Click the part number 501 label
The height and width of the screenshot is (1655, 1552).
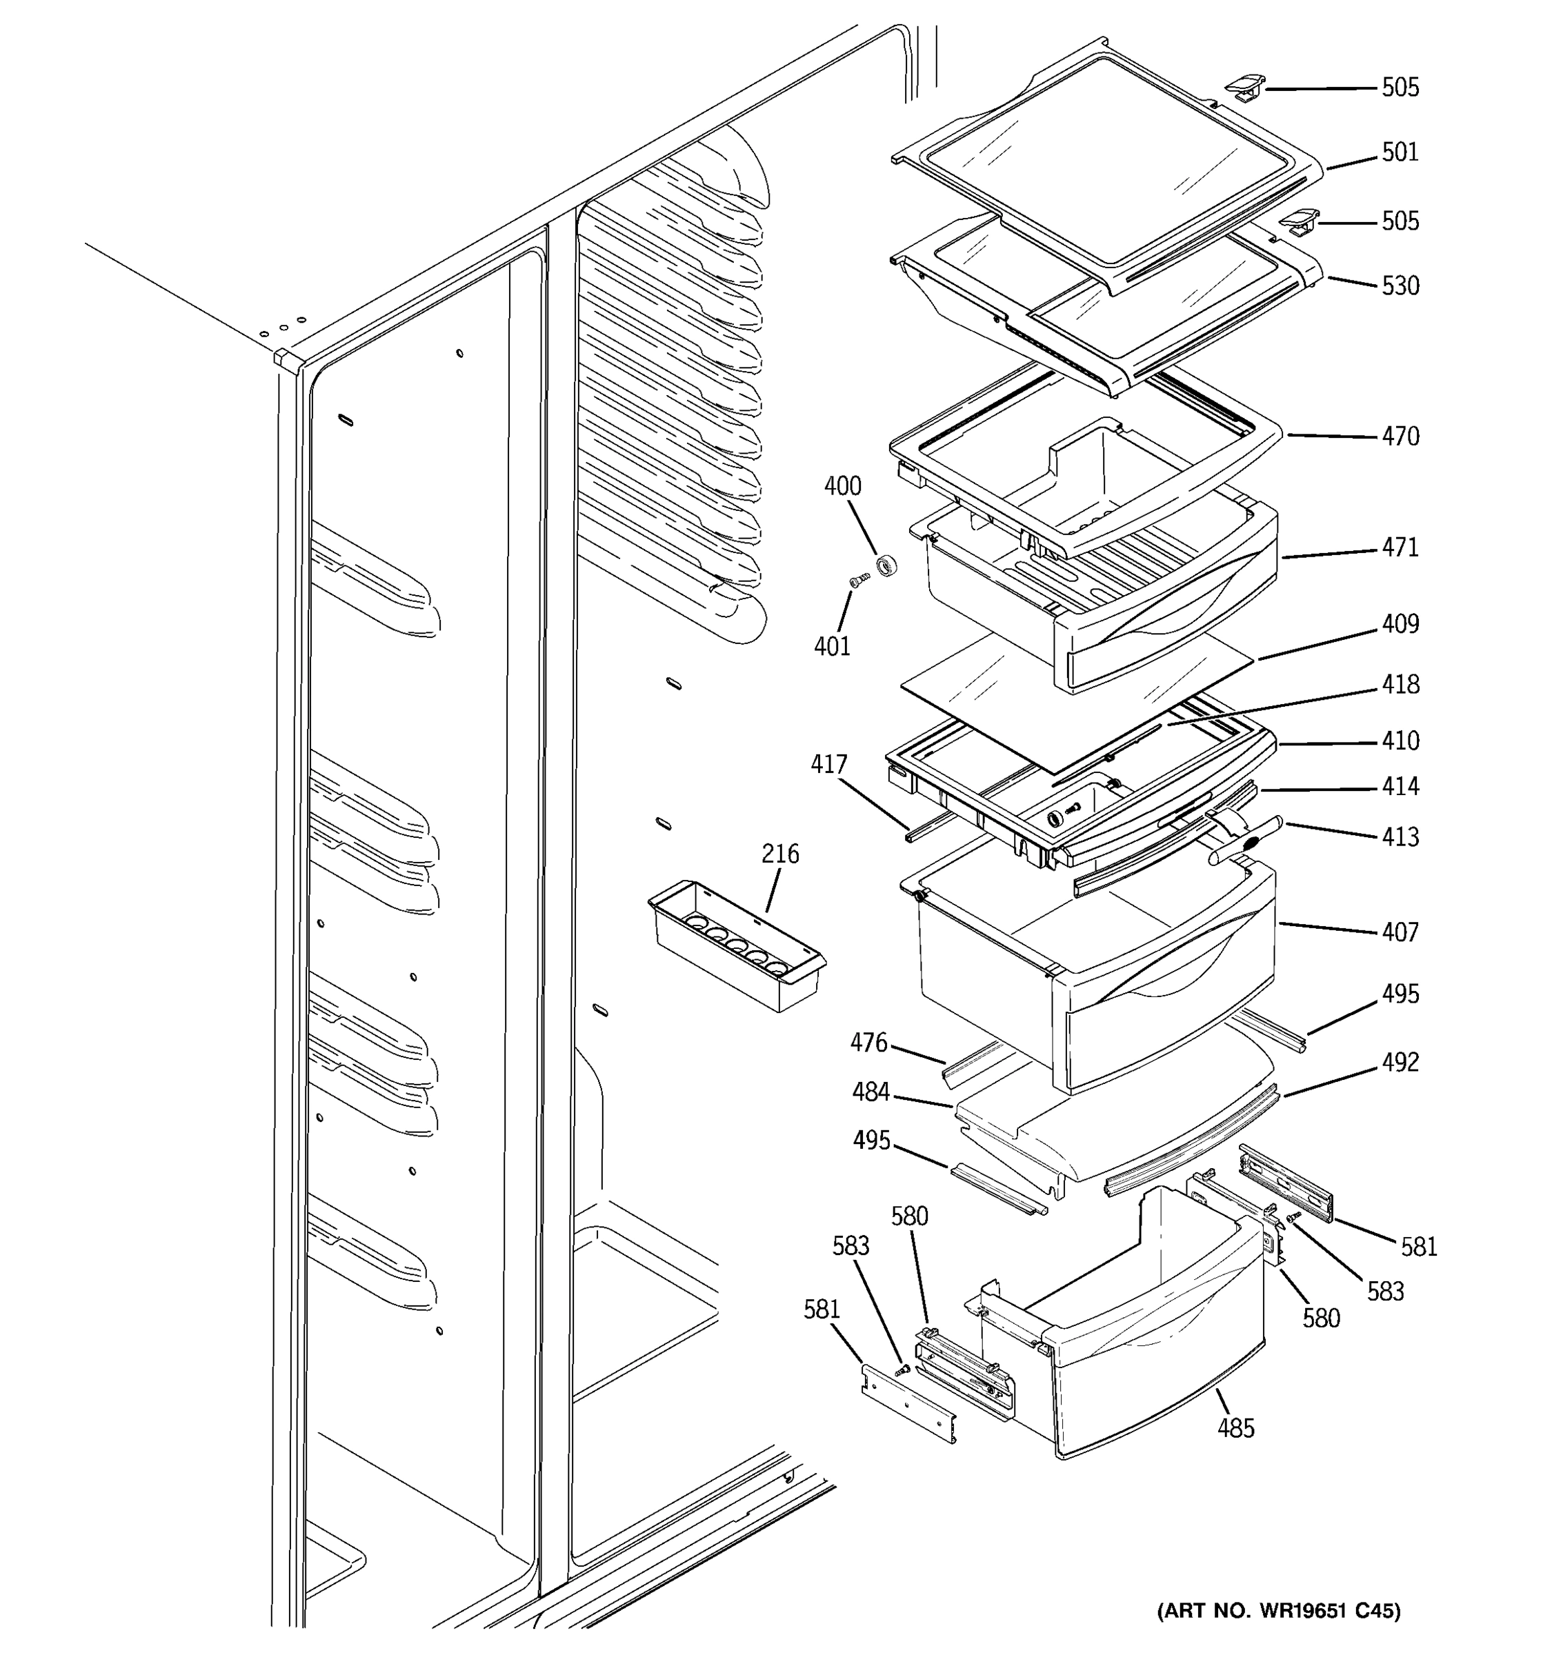pyautogui.click(x=1400, y=152)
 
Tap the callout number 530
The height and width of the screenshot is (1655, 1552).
pyautogui.click(x=1400, y=286)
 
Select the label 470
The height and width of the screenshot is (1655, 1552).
pyautogui.click(x=1400, y=437)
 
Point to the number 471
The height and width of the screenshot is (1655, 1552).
pyautogui.click(x=1400, y=548)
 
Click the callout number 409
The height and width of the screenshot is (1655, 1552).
pyautogui.click(x=1400, y=623)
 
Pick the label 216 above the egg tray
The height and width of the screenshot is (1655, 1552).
pyautogui.click(x=779, y=854)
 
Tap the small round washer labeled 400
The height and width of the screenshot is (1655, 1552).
pyautogui.click(x=887, y=568)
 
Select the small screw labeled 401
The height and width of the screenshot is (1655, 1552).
pyautogui.click(x=857, y=579)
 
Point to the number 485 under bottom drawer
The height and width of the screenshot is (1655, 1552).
pyautogui.click(x=1235, y=1429)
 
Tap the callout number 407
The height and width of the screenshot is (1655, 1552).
pyautogui.click(x=1400, y=932)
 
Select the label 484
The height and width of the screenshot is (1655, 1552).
pyautogui.click(x=870, y=1092)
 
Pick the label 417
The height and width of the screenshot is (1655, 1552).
pyautogui.click(x=828, y=764)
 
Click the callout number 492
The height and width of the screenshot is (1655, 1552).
pyautogui.click(x=1400, y=1062)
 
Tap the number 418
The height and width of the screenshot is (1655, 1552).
pyautogui.click(x=1400, y=684)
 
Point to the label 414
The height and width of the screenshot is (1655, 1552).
pyautogui.click(x=1400, y=787)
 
